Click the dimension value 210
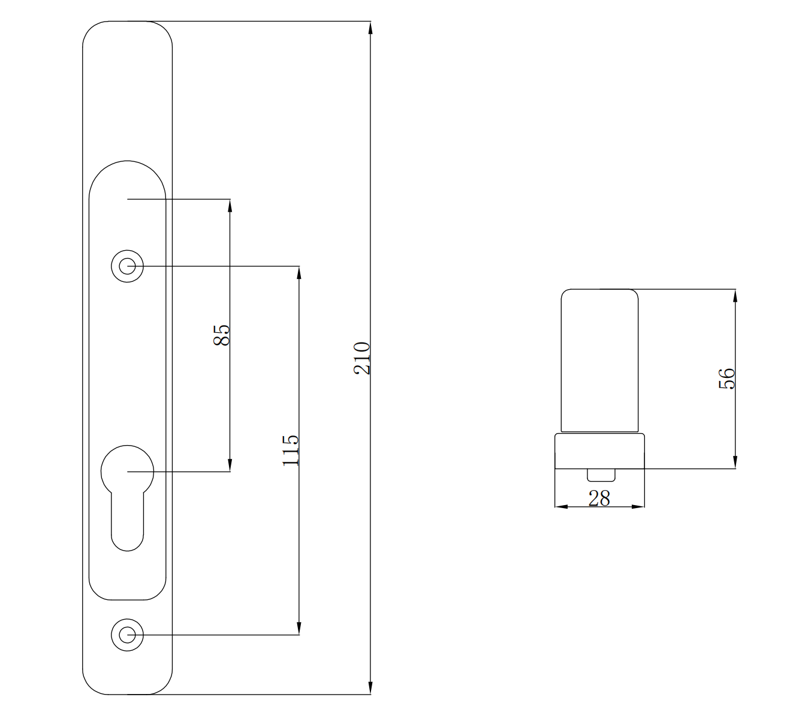pos(361,358)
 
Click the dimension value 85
pos(221,335)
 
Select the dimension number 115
pos(290,450)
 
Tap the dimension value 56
pos(726,378)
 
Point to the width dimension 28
pos(599,498)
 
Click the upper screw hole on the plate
pos(127,265)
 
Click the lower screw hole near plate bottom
pos(127,635)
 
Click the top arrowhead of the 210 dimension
pos(370,28)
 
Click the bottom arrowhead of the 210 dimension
pos(370,688)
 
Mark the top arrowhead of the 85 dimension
pos(230,205)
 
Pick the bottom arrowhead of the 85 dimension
pos(230,465)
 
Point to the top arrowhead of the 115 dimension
pos(299,272)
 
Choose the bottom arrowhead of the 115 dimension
pos(299,628)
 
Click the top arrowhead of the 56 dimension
pos(735,296)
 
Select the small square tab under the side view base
pos(601,474)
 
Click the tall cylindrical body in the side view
pos(599,360)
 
